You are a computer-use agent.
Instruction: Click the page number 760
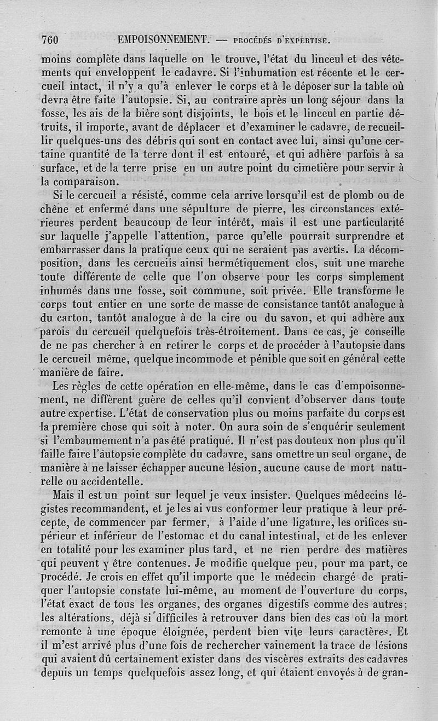pos(50,39)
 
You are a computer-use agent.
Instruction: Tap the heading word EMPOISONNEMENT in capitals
pos(164,40)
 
